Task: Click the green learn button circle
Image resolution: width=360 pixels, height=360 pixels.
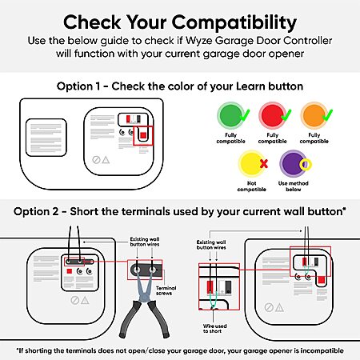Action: [230, 116]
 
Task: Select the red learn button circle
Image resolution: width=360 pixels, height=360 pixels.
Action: [272, 116]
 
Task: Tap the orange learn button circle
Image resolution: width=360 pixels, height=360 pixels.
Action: [314, 116]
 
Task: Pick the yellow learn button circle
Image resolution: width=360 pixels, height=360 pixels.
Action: [251, 163]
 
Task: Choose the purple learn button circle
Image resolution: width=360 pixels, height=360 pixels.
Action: [293, 163]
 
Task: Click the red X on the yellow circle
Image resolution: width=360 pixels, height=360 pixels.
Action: [264, 163]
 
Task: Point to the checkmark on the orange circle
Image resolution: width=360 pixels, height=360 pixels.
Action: [328, 115]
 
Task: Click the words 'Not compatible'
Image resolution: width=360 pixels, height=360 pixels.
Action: [251, 186]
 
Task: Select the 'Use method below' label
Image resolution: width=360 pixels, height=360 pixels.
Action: [294, 186]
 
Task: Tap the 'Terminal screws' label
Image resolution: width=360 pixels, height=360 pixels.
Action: [166, 290]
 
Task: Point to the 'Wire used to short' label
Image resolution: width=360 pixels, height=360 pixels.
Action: [214, 329]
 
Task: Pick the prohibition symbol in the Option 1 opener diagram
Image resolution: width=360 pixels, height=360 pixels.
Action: [96, 160]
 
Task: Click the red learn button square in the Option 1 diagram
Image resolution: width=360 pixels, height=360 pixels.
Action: [143, 135]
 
